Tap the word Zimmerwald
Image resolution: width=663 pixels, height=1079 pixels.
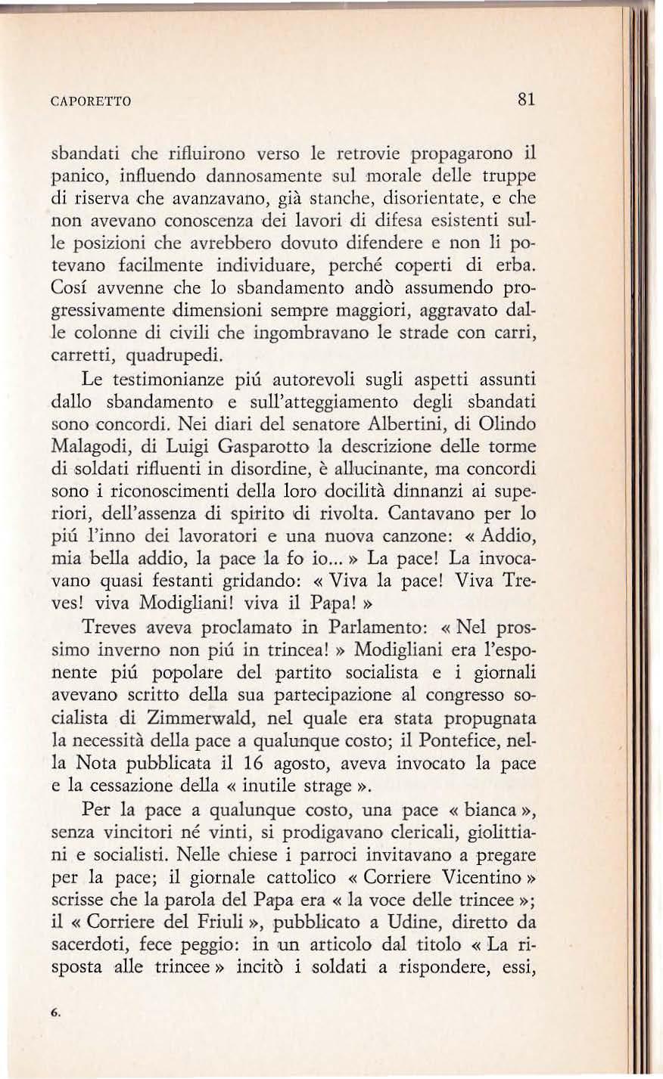(192, 716)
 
